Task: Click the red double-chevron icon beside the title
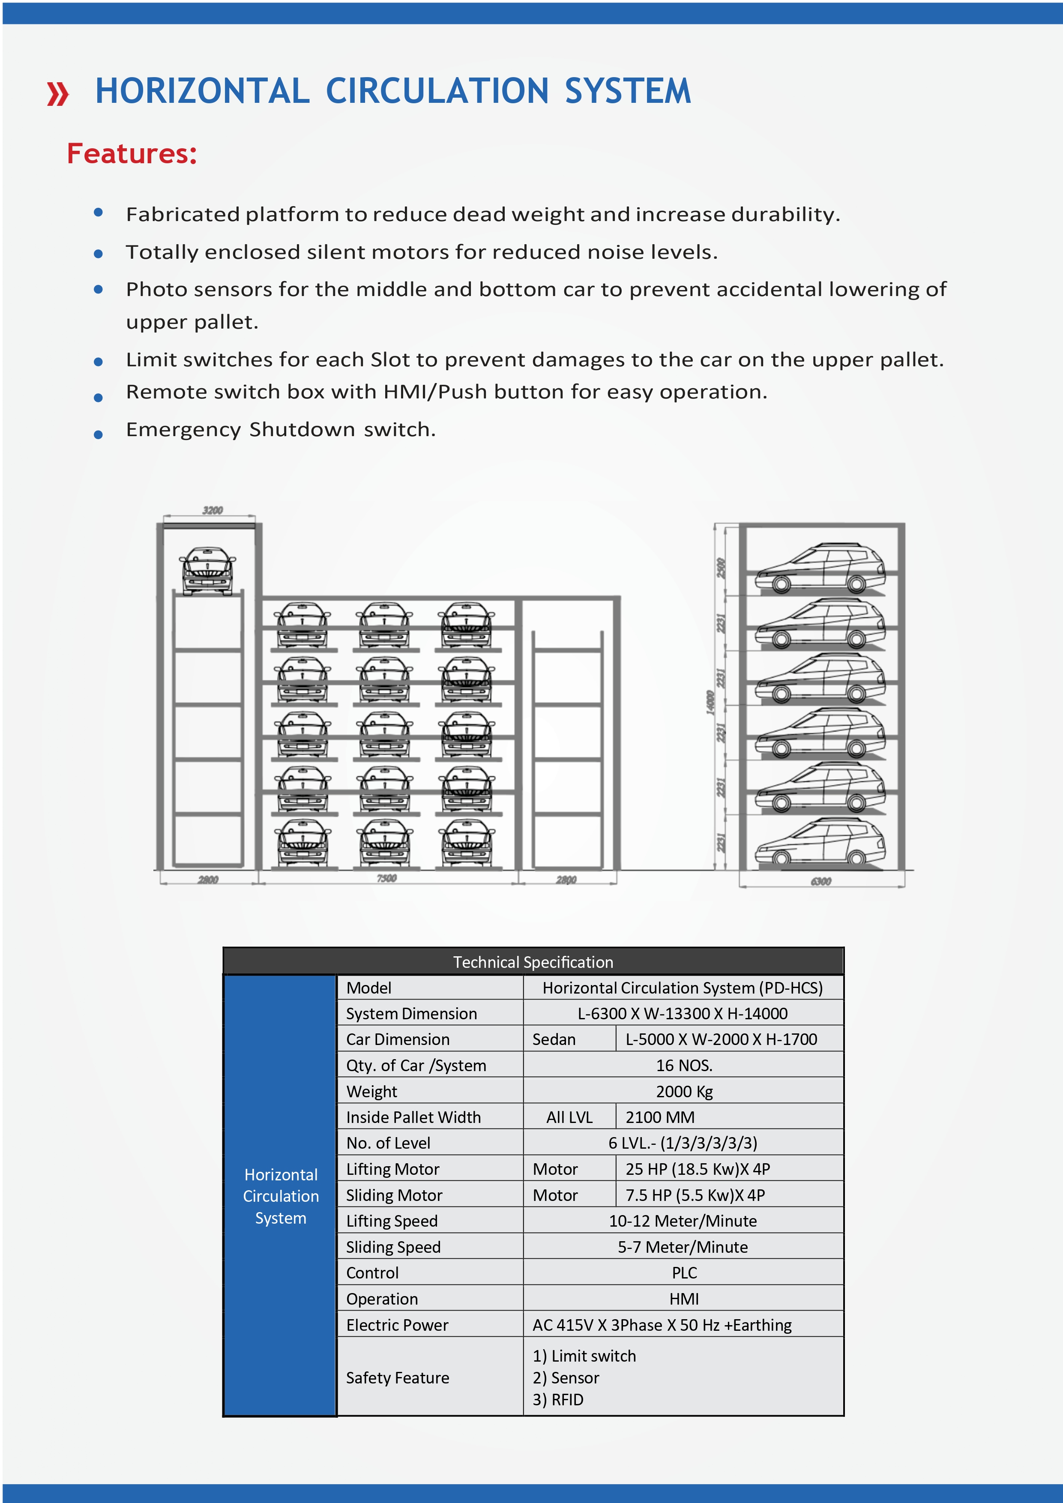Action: (57, 93)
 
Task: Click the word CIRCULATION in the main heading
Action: (437, 91)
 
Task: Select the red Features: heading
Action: (132, 154)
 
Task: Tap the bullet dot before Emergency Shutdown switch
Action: (98, 434)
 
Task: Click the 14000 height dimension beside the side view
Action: (710, 702)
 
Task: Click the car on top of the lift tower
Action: (207, 570)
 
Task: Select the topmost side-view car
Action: (820, 567)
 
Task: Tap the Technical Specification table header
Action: (533, 961)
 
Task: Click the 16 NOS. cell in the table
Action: (683, 1065)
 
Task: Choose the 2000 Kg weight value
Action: (683, 1091)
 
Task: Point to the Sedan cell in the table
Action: (554, 1039)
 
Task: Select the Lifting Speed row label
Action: (392, 1221)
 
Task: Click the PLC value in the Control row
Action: (684, 1272)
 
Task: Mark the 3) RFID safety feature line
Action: (558, 1400)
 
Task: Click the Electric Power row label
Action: (397, 1325)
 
